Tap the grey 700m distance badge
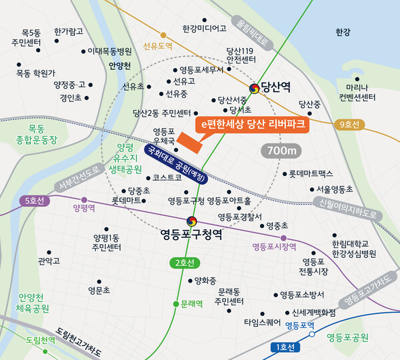[281, 151]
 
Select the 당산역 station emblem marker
[254, 87]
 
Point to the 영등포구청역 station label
[191, 235]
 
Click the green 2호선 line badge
[183, 263]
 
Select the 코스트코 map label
[167, 178]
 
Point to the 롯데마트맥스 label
[311, 173]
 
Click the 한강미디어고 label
[204, 29]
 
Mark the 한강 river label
[343, 31]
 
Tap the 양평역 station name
[84, 208]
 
